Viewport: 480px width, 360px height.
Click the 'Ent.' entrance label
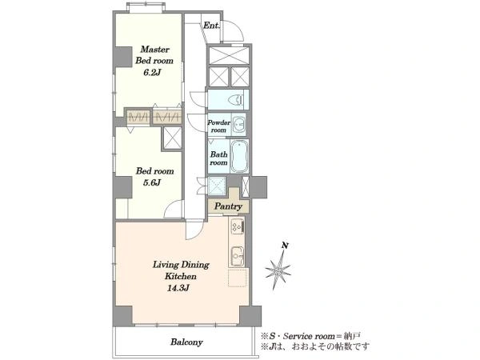[x=211, y=26]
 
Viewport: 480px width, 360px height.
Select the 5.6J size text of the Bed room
[x=152, y=182]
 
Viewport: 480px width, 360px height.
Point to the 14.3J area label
[x=178, y=288]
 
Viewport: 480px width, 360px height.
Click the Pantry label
[x=228, y=206]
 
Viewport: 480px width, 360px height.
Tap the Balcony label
[x=186, y=342]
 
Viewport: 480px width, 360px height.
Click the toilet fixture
[x=236, y=99]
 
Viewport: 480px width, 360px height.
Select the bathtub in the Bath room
[x=239, y=156]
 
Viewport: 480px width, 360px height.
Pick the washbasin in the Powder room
[x=238, y=125]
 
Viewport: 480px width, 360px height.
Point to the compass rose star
[x=278, y=271]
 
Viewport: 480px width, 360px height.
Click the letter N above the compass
[x=286, y=246]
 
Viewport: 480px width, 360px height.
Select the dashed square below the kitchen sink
[x=238, y=278]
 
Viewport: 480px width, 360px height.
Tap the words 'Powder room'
[x=219, y=126]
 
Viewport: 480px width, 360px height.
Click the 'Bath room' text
[x=219, y=158]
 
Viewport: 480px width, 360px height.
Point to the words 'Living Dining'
[x=181, y=265]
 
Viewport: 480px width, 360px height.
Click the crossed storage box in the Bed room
[x=173, y=138]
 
